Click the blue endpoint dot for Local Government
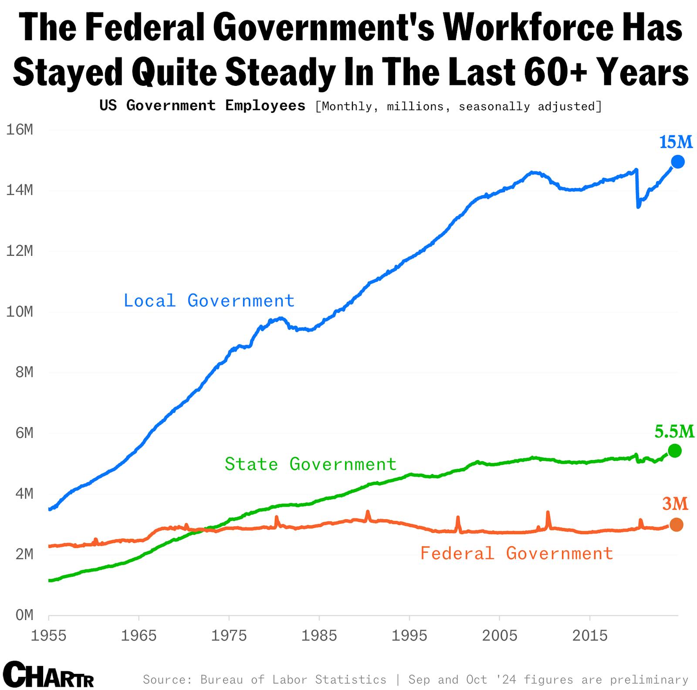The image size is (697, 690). click(677, 162)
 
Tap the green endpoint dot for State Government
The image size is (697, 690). click(674, 450)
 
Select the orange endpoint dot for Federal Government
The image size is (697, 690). click(676, 524)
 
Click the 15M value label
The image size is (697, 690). click(676, 142)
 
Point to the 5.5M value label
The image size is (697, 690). click(674, 431)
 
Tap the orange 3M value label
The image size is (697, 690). click(675, 504)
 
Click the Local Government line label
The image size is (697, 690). click(209, 301)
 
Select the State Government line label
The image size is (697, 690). click(310, 464)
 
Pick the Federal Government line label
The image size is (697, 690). click(517, 553)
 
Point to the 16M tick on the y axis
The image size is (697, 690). click(19, 130)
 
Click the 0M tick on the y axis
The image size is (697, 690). click(24, 615)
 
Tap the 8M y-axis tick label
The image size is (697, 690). click(24, 372)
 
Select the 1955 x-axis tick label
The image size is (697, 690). click(48, 636)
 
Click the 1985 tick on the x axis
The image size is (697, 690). click(319, 636)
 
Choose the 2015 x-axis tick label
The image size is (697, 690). click(589, 636)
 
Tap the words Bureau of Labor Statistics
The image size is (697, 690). click(293, 680)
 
